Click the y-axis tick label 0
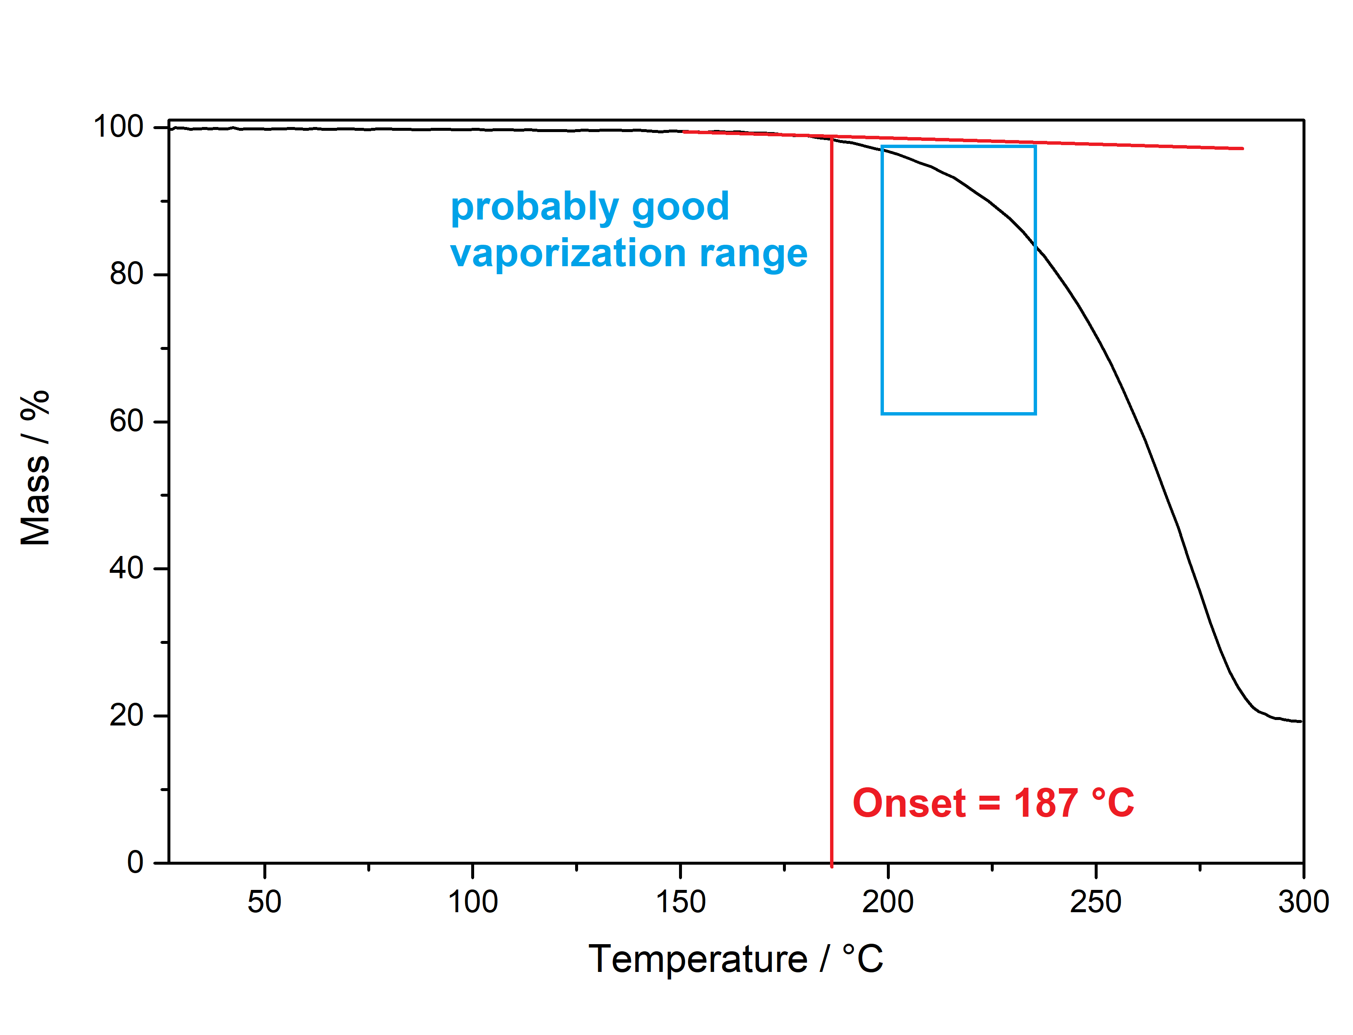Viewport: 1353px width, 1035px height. pos(135,861)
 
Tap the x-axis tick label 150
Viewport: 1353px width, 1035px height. pos(680,902)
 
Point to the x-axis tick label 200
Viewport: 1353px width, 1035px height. pos(888,902)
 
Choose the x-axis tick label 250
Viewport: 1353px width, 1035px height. pos(1096,902)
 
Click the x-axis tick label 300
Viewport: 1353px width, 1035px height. pos(1303,902)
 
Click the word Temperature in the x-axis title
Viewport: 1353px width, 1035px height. pos(698,959)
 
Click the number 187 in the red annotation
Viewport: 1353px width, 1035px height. pos(1045,803)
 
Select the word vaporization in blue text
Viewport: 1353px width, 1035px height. pos(568,254)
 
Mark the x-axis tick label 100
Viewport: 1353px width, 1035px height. pos(472,902)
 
